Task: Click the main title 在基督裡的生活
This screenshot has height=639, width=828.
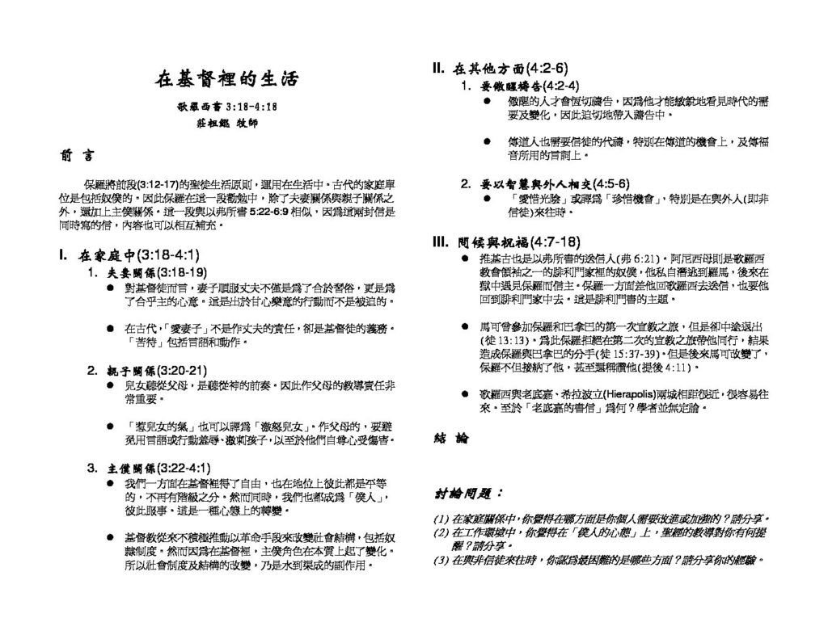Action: tap(226, 79)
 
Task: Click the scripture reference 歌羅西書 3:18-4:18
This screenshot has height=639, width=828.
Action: tap(227, 107)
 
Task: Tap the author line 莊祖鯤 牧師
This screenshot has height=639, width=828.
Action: tap(227, 124)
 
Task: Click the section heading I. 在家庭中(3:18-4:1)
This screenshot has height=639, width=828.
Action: tap(129, 256)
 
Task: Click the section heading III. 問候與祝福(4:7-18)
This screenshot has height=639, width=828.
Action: tap(507, 242)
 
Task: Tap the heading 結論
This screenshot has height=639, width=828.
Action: tap(450, 439)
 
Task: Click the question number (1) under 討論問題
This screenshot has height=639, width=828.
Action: tap(441, 518)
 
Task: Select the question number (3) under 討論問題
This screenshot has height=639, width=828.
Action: tap(441, 560)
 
